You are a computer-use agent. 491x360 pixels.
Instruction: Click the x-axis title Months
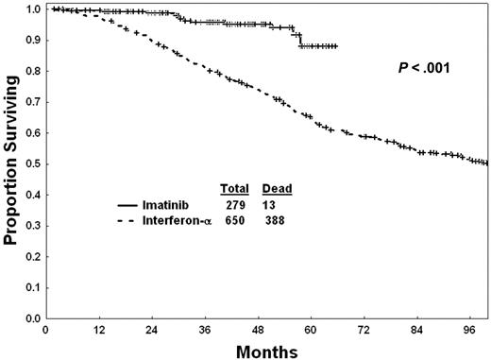coord(266,350)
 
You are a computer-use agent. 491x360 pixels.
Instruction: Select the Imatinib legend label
coord(173,204)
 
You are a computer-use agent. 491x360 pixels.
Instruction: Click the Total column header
coord(233,188)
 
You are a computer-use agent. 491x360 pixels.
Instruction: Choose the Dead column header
coord(277,188)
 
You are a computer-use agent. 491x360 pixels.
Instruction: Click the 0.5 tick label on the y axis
coord(32,164)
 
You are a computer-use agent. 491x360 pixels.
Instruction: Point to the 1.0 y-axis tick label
coord(32,9)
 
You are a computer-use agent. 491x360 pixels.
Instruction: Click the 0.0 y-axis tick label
coord(32,319)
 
